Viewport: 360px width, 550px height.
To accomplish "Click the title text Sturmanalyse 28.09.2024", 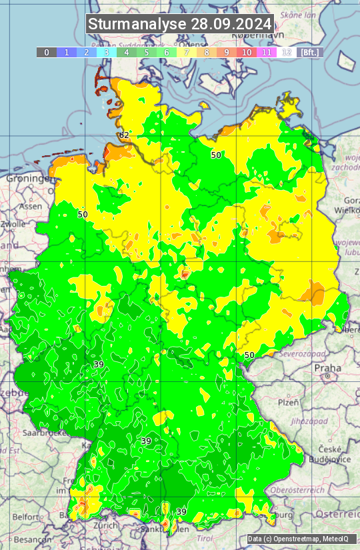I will tap(180, 24).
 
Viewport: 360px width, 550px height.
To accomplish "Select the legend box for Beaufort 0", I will tap(46, 52).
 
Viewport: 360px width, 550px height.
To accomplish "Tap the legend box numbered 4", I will tap(127, 52).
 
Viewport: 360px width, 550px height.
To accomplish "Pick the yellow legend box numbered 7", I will tap(187, 52).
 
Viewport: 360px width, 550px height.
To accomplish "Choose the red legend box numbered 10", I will tap(247, 52).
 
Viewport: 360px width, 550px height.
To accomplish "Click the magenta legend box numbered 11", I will tap(267, 52).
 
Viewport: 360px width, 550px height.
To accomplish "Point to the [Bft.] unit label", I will tap(310, 52).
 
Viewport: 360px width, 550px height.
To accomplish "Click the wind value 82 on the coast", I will tap(124, 135).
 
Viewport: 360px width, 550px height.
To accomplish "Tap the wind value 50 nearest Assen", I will tap(83, 215).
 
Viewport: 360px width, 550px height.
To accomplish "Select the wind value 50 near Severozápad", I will tap(249, 355).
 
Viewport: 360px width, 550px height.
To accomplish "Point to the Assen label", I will tap(30, 207).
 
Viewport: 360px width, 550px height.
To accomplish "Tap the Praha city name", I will tap(327, 367).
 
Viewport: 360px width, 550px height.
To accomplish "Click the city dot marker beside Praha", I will tap(328, 377).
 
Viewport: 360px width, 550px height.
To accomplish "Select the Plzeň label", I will tap(288, 403).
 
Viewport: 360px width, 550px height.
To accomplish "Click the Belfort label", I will tap(25, 516).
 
